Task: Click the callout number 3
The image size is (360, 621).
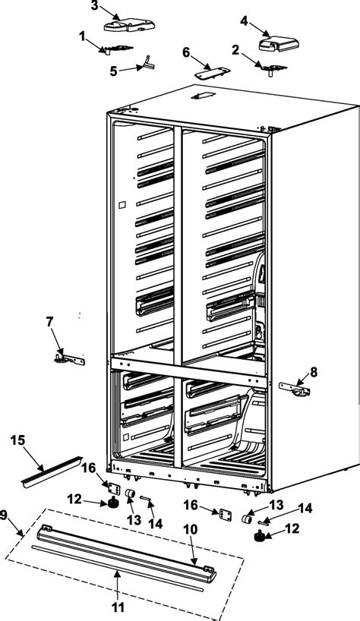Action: click(x=94, y=6)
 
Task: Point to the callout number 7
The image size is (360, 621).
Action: click(x=49, y=322)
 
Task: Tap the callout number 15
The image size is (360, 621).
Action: click(x=17, y=440)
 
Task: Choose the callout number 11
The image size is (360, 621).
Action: click(x=116, y=607)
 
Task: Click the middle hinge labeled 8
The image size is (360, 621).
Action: click(x=295, y=389)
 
